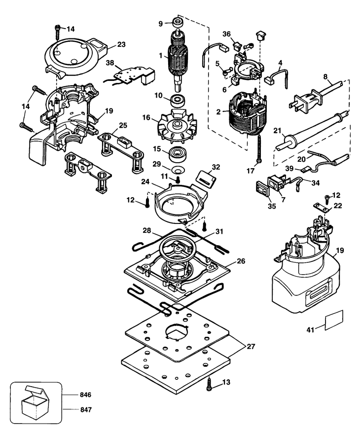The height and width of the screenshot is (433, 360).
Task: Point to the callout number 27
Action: pos(250,347)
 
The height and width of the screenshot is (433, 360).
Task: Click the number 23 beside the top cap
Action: pos(121,45)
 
